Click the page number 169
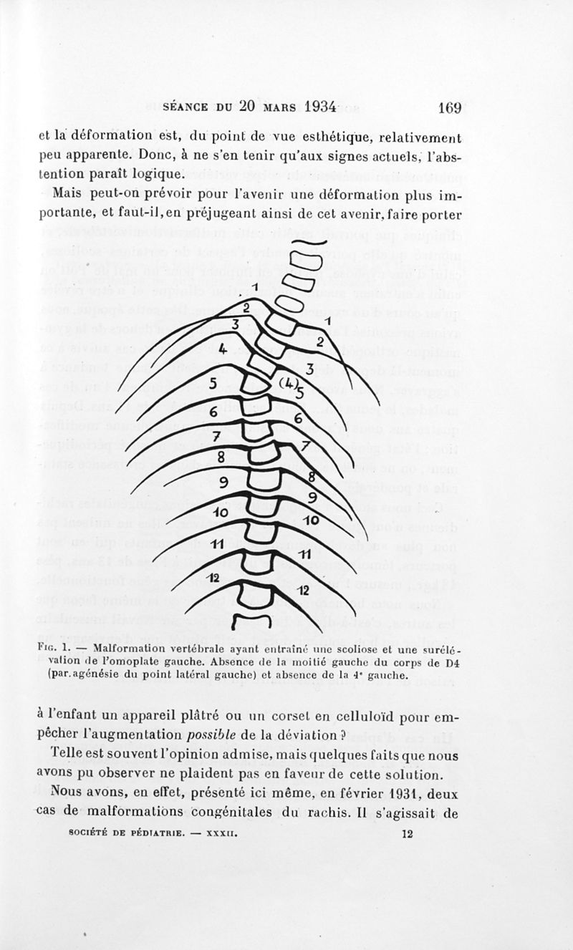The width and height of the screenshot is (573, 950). pos(448,107)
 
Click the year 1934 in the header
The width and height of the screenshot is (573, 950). pos(310,106)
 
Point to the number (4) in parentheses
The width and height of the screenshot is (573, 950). pos(289,384)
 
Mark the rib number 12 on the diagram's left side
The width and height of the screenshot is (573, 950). pos(213,578)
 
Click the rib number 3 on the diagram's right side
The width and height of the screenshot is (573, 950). pos(310,369)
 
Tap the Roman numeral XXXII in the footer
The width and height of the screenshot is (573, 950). pos(221,834)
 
